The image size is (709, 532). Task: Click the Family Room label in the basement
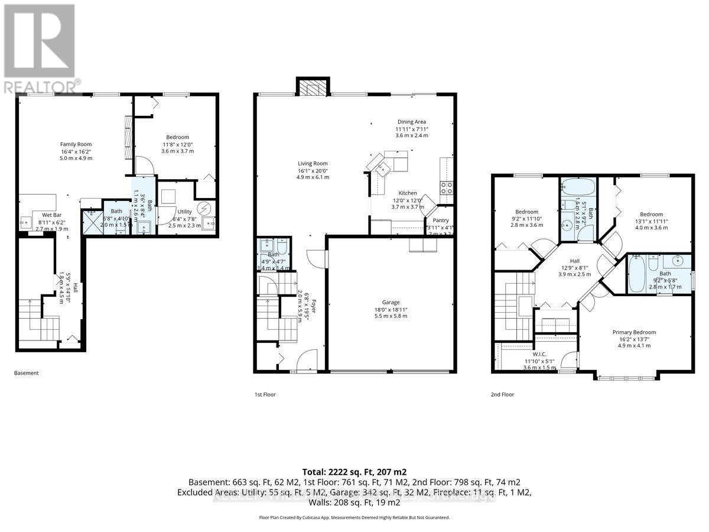pos(76,144)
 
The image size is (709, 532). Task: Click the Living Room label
pos(313,164)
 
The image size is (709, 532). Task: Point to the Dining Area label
pos(411,122)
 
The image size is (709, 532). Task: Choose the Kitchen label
pos(407,193)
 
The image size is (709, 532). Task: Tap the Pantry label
pos(441,220)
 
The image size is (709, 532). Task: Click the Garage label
pos(391,301)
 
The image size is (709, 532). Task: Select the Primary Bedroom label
pos(634,332)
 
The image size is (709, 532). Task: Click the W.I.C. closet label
pos(525,353)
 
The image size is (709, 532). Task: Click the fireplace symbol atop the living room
pos(307,87)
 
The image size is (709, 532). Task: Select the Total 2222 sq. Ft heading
pos(354,472)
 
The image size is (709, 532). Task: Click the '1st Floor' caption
pos(265,394)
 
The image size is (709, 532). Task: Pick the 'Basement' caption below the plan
pos(27,373)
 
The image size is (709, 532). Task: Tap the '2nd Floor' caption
pos(502,394)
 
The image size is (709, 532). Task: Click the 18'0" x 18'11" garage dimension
pos(391,309)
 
